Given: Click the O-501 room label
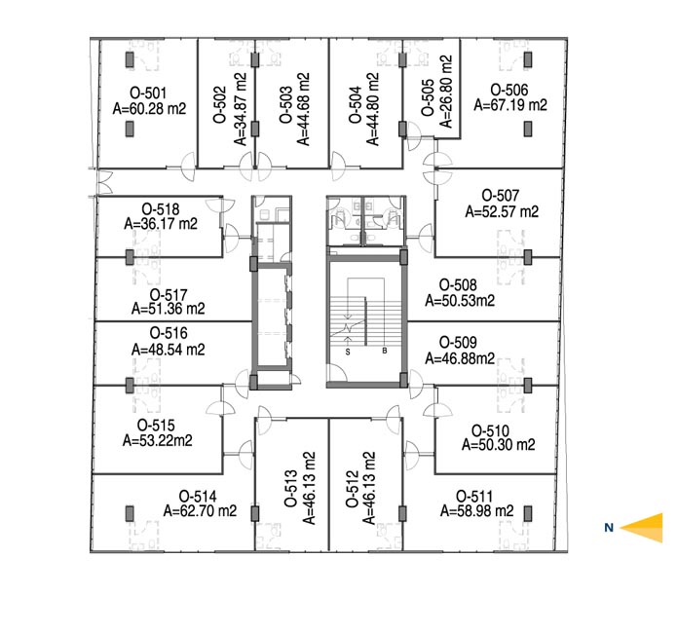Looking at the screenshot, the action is (x=148, y=93).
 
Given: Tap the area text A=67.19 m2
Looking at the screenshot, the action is (x=510, y=105).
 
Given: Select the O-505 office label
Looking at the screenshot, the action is (x=428, y=97).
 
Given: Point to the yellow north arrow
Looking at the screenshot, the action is (x=641, y=528).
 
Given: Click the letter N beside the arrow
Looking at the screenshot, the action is (x=609, y=528).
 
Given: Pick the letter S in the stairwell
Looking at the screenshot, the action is (x=348, y=352).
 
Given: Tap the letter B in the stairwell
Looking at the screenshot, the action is (x=385, y=352).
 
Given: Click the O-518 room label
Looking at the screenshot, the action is (x=161, y=209).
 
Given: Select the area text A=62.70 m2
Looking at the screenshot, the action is (x=201, y=511).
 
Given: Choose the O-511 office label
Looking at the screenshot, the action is (x=474, y=497).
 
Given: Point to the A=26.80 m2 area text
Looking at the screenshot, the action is (x=446, y=92).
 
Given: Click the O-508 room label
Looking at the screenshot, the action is (x=458, y=285).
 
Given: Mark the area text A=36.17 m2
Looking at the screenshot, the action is (x=161, y=224).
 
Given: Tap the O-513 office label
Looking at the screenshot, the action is (x=291, y=488).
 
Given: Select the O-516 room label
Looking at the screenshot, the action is (x=169, y=333).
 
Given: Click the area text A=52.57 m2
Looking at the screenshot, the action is (x=502, y=212).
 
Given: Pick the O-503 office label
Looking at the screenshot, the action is (x=285, y=105).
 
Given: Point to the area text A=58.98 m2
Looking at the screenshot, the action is (x=477, y=511).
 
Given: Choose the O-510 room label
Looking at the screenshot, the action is (x=490, y=431).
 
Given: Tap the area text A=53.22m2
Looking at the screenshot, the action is (x=158, y=440).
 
